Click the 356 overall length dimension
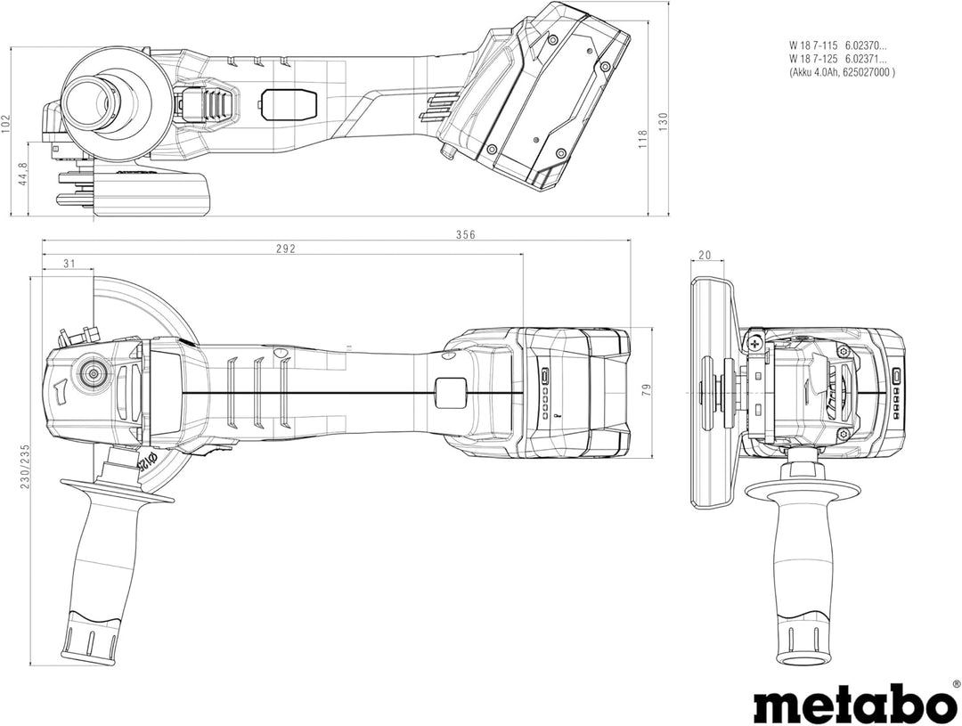465,235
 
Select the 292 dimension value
285,249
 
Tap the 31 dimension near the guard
69,263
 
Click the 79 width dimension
646,390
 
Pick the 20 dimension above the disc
705,256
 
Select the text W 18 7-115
812,44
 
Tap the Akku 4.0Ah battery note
842,73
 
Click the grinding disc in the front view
709,392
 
